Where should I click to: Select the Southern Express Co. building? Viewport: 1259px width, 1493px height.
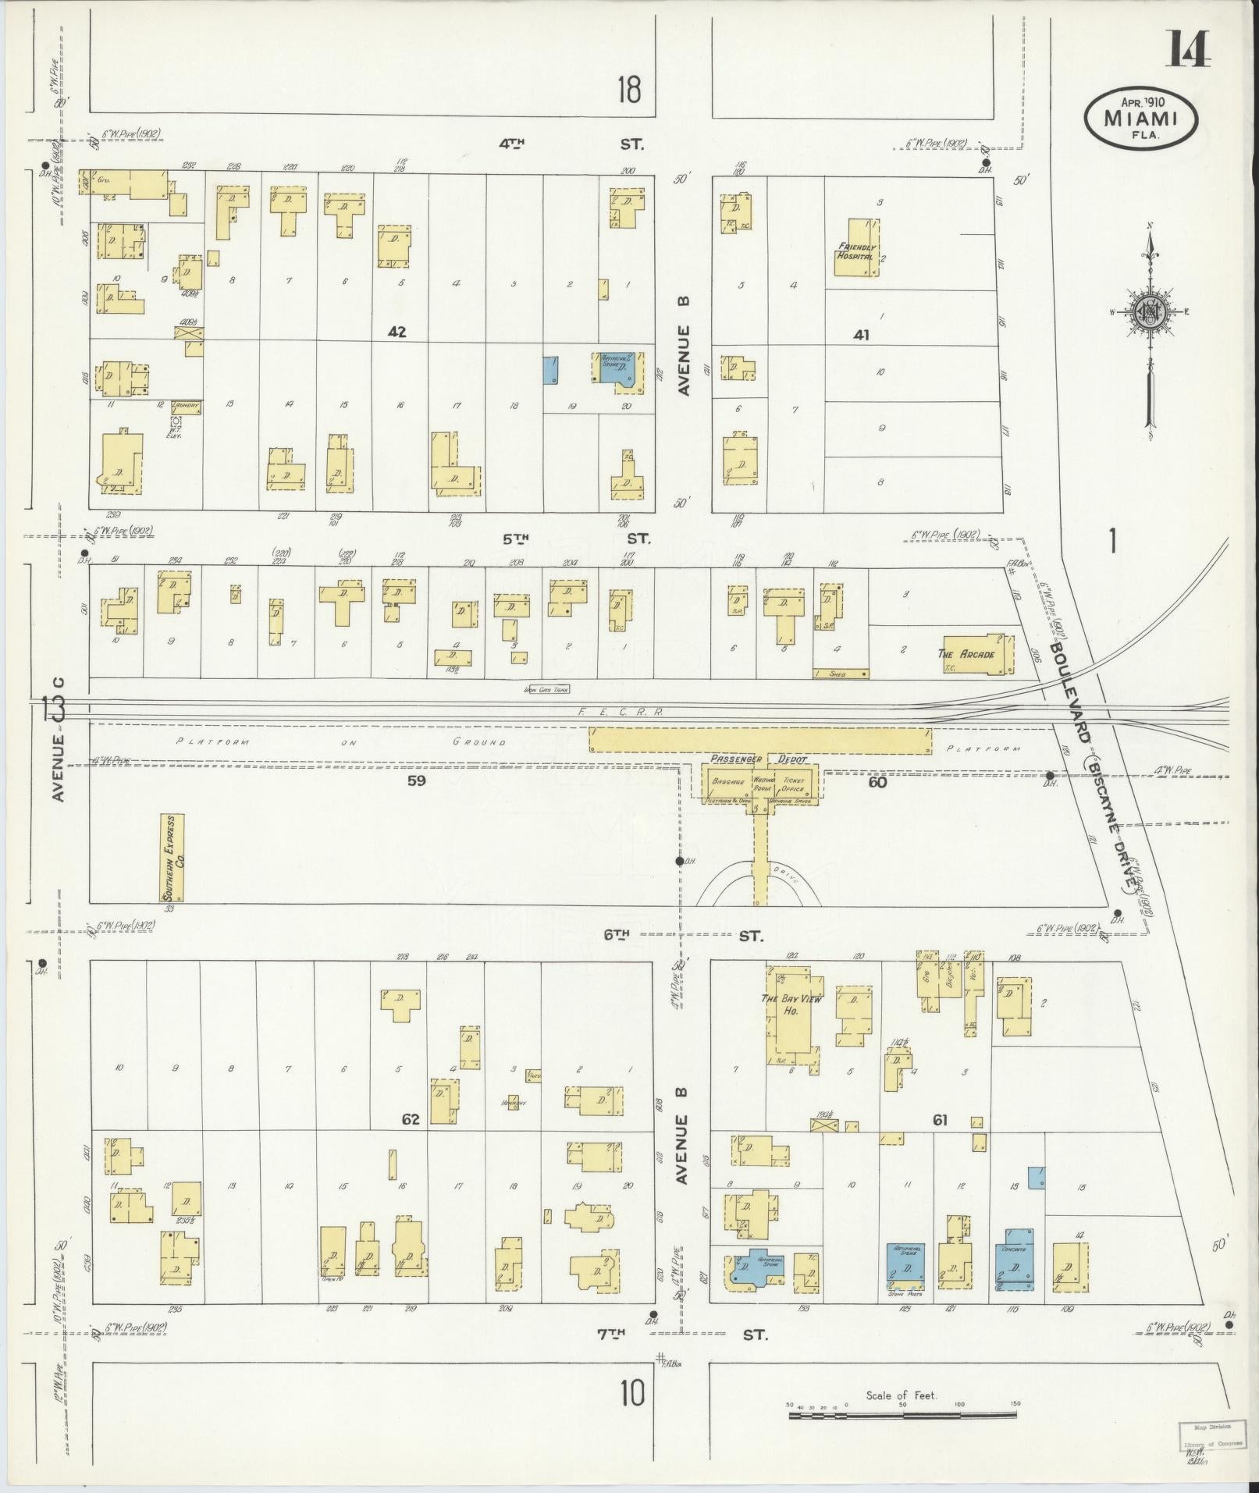tap(173, 858)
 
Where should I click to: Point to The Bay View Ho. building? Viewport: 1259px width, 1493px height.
tap(792, 1011)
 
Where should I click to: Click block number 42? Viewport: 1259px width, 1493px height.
tap(397, 332)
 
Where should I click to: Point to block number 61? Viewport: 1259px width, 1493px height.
tap(939, 1121)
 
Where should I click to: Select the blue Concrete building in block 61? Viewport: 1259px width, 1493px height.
tap(1015, 1267)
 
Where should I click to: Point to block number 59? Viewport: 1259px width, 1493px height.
tap(416, 780)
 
